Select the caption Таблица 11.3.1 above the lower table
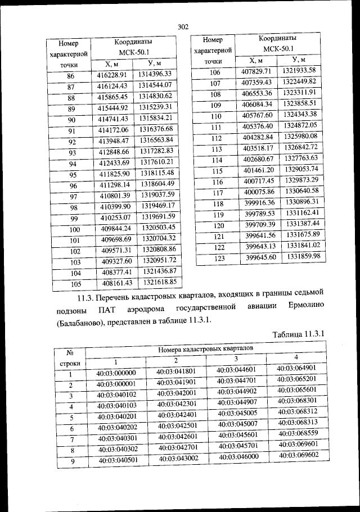[299, 334]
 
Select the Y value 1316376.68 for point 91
[159, 129]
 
